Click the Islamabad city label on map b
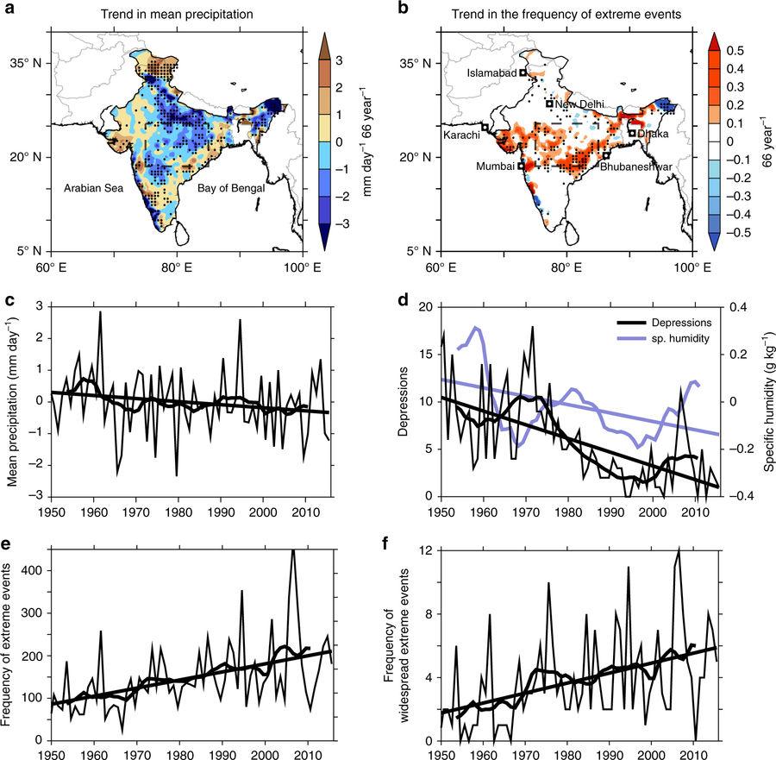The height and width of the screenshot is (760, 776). coord(491,73)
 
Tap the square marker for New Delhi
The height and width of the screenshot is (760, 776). coord(549,104)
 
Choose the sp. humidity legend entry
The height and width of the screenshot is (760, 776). coord(679,338)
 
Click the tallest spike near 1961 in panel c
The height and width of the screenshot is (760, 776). coord(100,312)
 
